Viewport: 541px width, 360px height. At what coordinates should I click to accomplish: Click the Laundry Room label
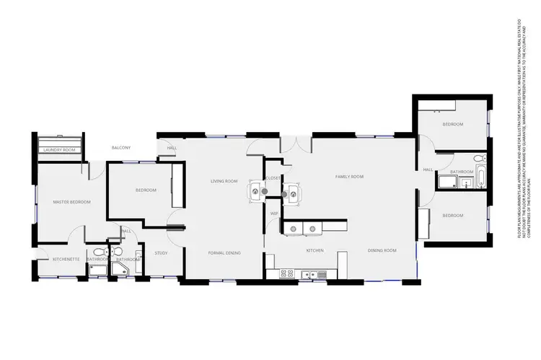click(60, 150)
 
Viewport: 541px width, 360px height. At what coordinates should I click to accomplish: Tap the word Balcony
click(121, 148)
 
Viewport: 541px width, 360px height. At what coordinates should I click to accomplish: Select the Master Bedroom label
click(72, 202)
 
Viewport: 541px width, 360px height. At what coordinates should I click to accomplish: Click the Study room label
click(161, 253)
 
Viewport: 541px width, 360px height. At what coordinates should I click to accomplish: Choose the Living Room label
click(224, 181)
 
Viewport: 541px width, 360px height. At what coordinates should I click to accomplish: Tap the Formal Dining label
click(224, 253)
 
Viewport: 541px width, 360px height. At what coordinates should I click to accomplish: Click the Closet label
click(273, 177)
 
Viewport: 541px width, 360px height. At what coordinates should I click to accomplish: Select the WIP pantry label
click(274, 214)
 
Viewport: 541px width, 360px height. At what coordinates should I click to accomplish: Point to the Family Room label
click(349, 177)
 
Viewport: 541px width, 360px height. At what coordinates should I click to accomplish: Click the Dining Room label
click(382, 250)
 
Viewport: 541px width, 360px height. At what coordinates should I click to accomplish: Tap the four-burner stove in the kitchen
click(286, 273)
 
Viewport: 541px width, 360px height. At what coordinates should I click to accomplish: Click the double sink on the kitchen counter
click(309, 274)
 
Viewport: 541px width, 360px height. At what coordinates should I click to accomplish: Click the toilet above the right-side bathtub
click(480, 158)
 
